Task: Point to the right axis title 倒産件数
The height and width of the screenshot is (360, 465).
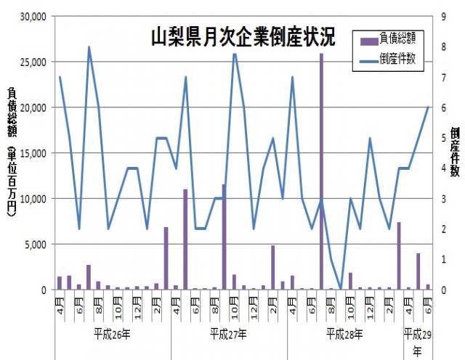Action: pos(454,152)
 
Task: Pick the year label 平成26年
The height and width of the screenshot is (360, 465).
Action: pos(113,335)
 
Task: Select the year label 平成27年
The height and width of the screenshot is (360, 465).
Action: pos(228,335)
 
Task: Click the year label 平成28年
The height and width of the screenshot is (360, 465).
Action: pos(344,335)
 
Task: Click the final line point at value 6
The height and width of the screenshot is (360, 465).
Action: pos(428,107)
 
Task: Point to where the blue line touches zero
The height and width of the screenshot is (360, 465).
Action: pos(341,289)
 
